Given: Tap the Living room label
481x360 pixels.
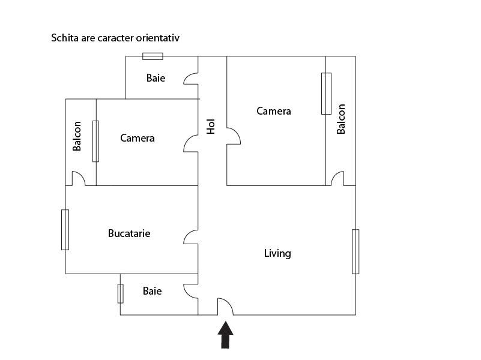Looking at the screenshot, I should (x=277, y=253).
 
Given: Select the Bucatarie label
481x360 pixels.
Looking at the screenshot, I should (x=129, y=233).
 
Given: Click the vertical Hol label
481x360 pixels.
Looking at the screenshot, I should (x=211, y=125).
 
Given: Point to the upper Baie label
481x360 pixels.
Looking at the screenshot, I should (x=156, y=78).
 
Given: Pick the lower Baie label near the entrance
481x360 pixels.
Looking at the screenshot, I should (x=152, y=291).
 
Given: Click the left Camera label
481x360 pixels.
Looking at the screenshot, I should (x=138, y=138).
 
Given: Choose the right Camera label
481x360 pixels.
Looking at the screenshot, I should (x=274, y=111).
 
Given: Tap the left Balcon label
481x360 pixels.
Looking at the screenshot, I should (x=77, y=136).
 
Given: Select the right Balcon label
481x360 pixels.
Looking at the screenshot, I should (x=341, y=119).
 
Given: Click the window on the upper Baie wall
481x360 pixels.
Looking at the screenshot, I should (x=153, y=56).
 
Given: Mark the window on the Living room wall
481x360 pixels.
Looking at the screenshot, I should (x=355, y=251).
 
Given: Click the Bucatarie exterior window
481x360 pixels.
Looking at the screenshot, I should (x=65, y=229).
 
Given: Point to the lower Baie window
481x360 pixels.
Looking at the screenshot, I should (x=120, y=293).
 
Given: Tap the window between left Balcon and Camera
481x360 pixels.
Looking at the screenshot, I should (x=95, y=141).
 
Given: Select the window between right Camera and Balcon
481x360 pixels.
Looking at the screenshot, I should (x=326, y=93).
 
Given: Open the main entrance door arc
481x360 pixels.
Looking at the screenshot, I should (x=225, y=307).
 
